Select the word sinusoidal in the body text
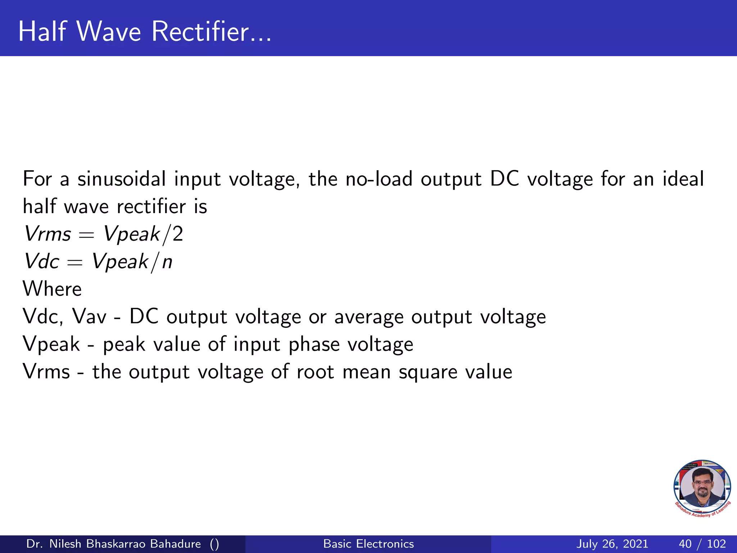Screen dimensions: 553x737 click(122, 179)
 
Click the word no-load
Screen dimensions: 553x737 click(379, 179)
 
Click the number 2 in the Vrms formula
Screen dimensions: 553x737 click(178, 234)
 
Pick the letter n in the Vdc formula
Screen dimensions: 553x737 click(167, 262)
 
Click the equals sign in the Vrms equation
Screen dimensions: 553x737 click(86, 235)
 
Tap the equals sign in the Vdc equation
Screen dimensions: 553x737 click(75, 263)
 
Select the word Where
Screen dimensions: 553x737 click(52, 289)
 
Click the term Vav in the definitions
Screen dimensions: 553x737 click(89, 317)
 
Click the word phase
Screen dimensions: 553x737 click(314, 345)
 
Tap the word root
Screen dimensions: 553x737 click(315, 372)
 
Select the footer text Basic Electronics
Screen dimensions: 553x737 click(368, 544)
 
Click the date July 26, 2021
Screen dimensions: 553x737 click(612, 544)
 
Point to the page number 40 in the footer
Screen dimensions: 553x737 click(685, 544)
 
